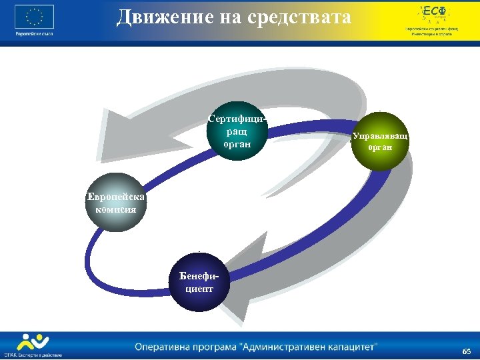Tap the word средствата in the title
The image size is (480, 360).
(296, 17)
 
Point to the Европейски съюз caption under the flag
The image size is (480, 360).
(33, 33)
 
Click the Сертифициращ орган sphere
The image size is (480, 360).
(238, 133)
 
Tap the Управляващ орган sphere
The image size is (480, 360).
(381, 141)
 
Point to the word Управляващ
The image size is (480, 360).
(381, 136)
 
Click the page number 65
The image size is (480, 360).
(466, 351)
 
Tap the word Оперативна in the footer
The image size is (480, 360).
(166, 347)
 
